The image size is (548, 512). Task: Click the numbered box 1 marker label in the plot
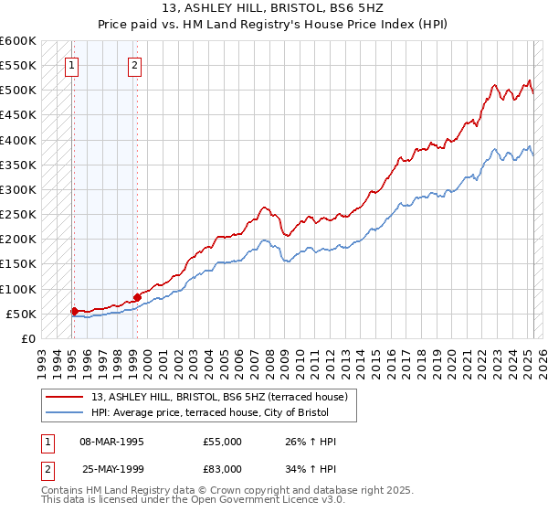71,65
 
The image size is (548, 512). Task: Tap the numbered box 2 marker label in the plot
134,65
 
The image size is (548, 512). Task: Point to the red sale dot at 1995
74,311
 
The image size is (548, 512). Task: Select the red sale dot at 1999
137,297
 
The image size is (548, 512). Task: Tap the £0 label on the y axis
27,339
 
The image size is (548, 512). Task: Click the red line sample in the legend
65,398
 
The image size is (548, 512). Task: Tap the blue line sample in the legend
65,414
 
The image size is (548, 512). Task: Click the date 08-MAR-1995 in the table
112,442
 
